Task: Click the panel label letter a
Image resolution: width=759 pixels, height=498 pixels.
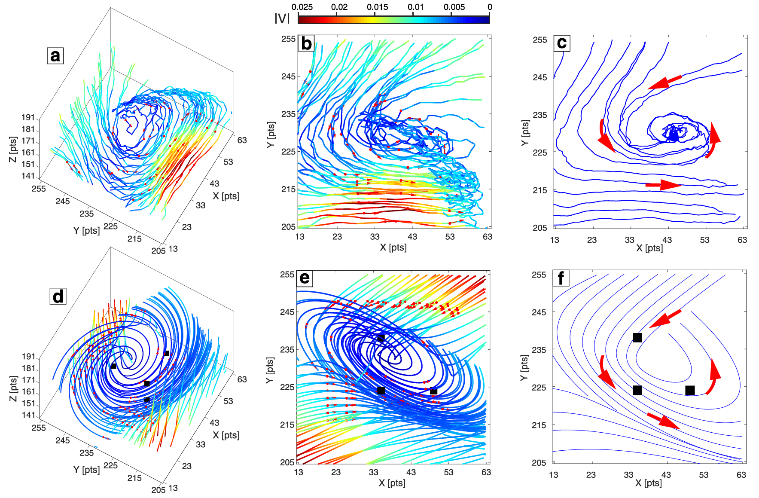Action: (x=55, y=56)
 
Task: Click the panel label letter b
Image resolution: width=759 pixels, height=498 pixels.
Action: (x=306, y=43)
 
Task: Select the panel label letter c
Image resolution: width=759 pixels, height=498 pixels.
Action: (x=562, y=43)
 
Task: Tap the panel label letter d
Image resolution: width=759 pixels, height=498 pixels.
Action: (x=58, y=296)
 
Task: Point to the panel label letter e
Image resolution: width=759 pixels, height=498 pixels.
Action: (x=305, y=278)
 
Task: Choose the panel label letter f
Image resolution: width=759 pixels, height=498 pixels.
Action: (x=561, y=278)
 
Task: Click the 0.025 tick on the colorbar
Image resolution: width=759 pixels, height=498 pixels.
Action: (x=302, y=7)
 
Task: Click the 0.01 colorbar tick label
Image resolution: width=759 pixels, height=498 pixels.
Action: (x=415, y=7)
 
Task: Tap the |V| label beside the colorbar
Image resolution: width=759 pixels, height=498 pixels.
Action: (x=282, y=18)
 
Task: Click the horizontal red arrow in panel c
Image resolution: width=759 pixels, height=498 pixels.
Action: (x=663, y=185)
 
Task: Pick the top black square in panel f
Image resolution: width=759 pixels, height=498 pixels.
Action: (x=637, y=338)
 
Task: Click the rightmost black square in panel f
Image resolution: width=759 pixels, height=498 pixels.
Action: (x=690, y=390)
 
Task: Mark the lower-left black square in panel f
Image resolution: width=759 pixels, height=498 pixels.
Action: (x=637, y=390)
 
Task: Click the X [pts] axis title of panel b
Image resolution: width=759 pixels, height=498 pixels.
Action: (x=393, y=247)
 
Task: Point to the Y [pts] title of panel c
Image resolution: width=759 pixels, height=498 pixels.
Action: (x=525, y=133)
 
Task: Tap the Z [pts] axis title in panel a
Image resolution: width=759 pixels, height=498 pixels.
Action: (x=13, y=150)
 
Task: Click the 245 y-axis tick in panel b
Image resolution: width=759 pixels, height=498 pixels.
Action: (x=288, y=76)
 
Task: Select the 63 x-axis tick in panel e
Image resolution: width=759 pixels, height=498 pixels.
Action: (x=486, y=472)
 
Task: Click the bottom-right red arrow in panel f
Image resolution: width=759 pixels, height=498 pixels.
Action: (x=663, y=421)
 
